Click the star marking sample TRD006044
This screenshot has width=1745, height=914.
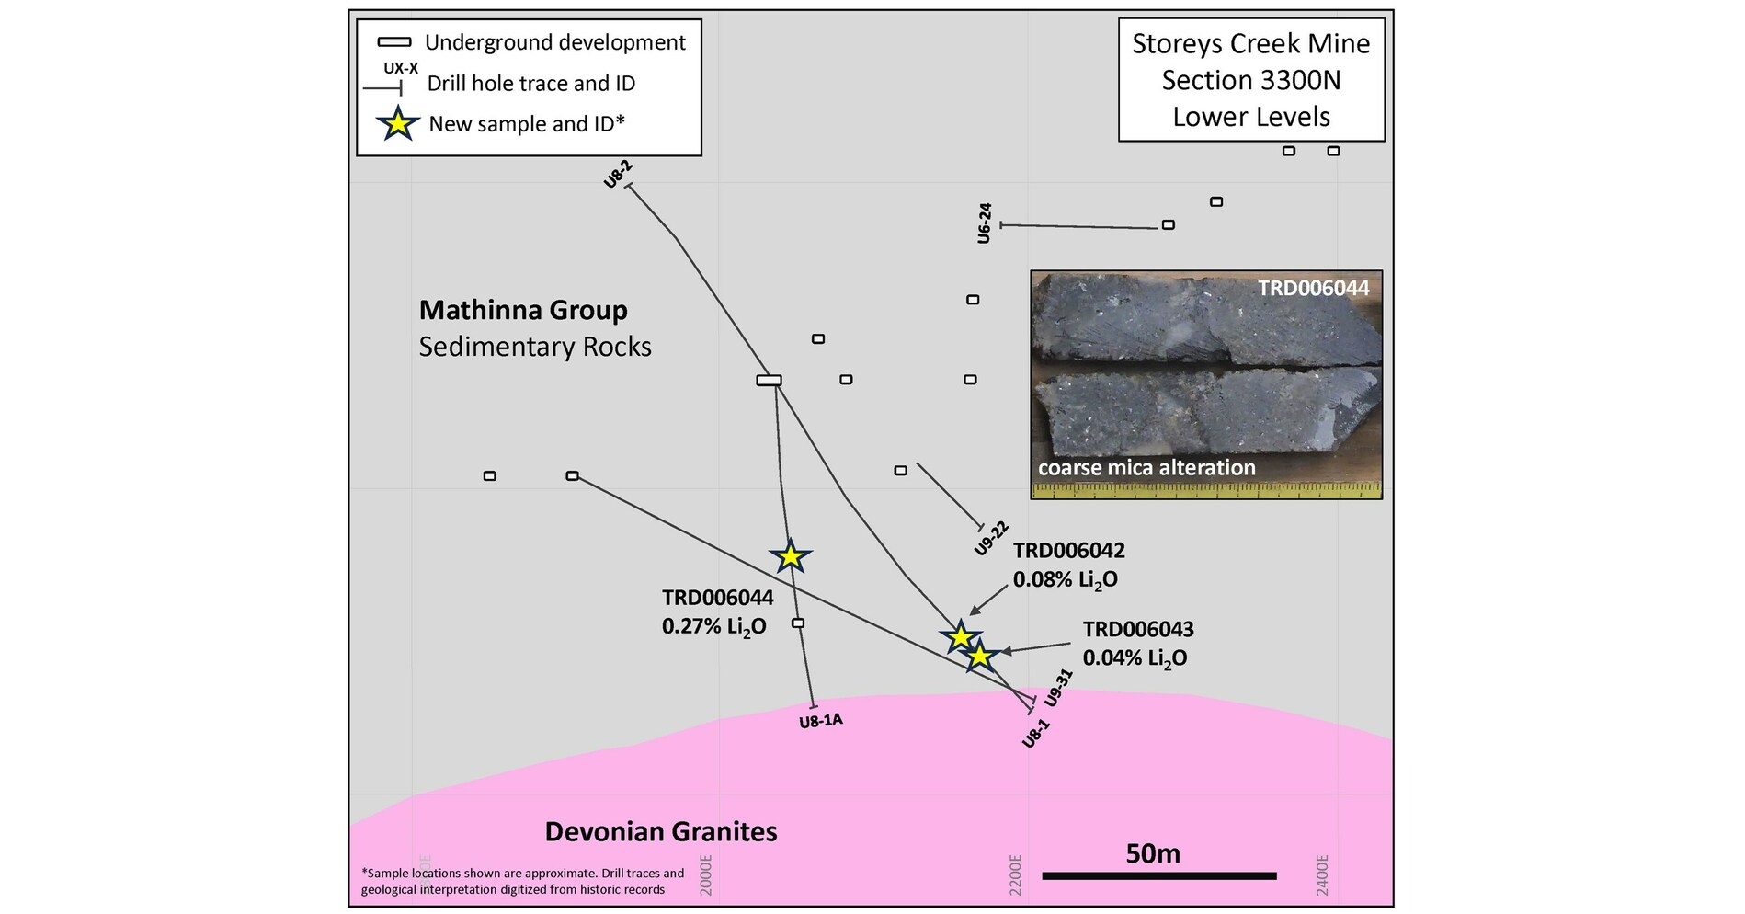click(790, 556)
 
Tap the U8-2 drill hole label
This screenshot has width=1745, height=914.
click(618, 174)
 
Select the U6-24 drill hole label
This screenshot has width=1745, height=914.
click(985, 223)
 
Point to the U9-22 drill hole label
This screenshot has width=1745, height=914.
click(991, 538)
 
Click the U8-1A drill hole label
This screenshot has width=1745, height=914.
click(820, 721)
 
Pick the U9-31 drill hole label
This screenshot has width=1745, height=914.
click(1058, 688)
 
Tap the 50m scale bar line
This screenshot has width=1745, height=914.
click(1158, 875)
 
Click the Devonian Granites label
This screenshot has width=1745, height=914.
click(661, 832)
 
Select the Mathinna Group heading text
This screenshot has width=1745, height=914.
click(523, 310)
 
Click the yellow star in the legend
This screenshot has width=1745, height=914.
click(397, 123)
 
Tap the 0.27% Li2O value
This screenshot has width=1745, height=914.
click(713, 626)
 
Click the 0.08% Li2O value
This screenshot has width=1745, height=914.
click(1065, 579)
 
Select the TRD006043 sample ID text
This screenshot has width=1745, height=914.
click(1137, 629)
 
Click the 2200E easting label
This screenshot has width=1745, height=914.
click(1015, 874)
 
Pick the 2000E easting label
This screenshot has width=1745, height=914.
click(706, 874)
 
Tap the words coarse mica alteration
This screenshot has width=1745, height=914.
click(1146, 468)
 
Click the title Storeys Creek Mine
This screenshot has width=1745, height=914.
click(1250, 43)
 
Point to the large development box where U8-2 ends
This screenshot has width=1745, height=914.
click(769, 380)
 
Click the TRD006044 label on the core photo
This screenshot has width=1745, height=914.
click(1313, 288)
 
